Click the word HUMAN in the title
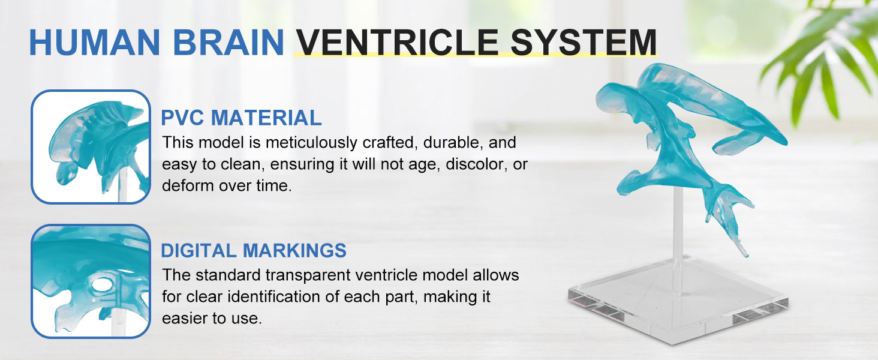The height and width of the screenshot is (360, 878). coord(95,42)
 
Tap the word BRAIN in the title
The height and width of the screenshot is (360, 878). coord(228,42)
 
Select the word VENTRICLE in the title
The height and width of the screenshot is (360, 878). coord(396,42)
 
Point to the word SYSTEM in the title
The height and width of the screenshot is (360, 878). coord(584,42)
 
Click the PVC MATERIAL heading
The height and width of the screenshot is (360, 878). coord(241,118)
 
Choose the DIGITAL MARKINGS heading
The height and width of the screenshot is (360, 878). coord(254,250)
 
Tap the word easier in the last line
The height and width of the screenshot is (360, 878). coord(184,318)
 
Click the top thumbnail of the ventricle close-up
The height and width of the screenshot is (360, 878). coord(91,146)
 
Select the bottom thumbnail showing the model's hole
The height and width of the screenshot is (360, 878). coord(91,281)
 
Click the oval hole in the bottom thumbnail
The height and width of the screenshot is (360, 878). coord(101,284)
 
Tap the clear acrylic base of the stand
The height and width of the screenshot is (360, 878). coord(678,302)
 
